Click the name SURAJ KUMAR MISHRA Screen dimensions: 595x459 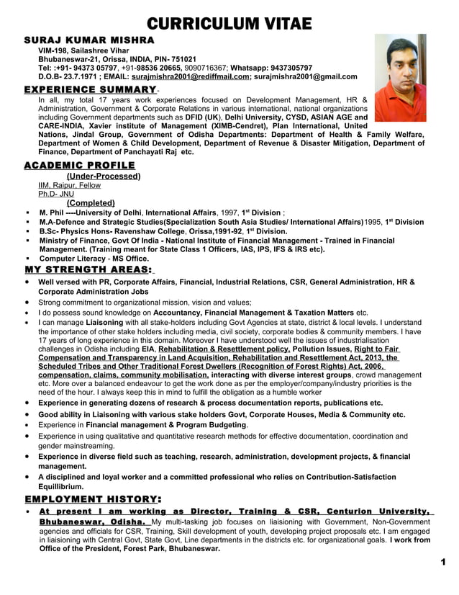(89, 39)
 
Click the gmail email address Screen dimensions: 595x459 (305, 76)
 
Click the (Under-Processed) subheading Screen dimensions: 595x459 (103, 176)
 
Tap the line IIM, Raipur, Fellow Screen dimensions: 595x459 (69, 185)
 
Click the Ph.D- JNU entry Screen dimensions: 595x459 (56, 194)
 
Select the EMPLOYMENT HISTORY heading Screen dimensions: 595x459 (92, 498)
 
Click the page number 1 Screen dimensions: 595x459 (444, 562)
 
